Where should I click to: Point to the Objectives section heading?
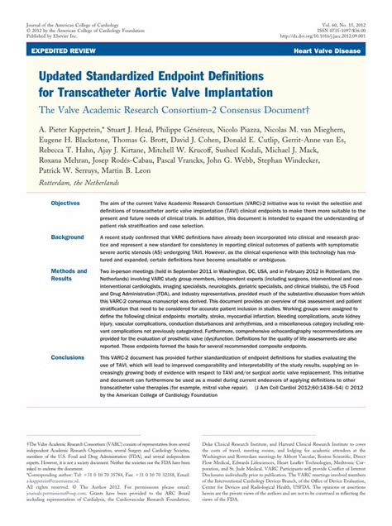(65, 203)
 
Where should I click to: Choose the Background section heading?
(67, 237)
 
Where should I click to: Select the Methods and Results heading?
(69, 275)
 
